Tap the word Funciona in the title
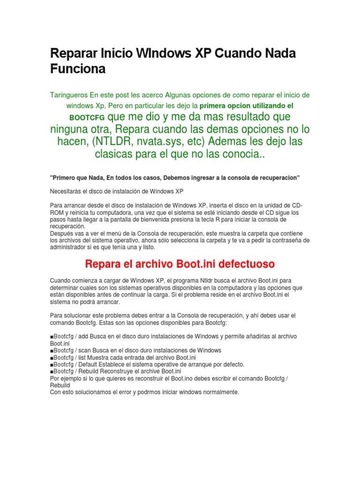tap(78, 69)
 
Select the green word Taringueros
tap(69, 95)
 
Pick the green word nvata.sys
tap(162, 141)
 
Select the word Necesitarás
tap(65, 191)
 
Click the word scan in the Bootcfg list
tap(83, 350)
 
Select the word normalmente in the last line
tap(221, 392)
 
